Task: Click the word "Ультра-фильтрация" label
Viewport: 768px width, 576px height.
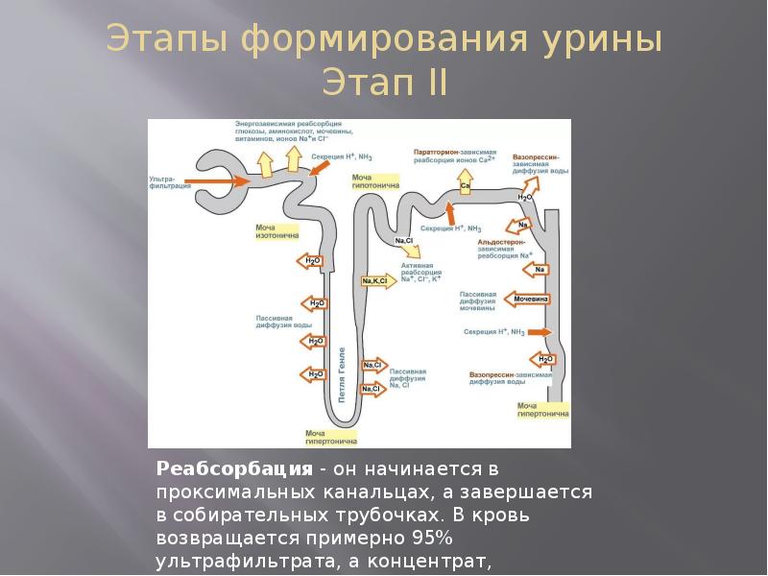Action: coord(165,181)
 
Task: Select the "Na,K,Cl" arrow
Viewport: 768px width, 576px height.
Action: coord(375,281)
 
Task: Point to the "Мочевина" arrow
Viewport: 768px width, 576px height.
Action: coord(527,299)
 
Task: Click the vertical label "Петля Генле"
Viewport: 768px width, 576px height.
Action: coord(341,375)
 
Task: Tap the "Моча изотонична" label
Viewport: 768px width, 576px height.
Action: coord(276,231)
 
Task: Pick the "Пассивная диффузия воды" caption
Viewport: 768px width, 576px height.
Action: coord(283,322)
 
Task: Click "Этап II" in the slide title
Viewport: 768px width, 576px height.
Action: coord(384,82)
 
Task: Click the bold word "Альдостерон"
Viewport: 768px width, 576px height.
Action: coord(502,243)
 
